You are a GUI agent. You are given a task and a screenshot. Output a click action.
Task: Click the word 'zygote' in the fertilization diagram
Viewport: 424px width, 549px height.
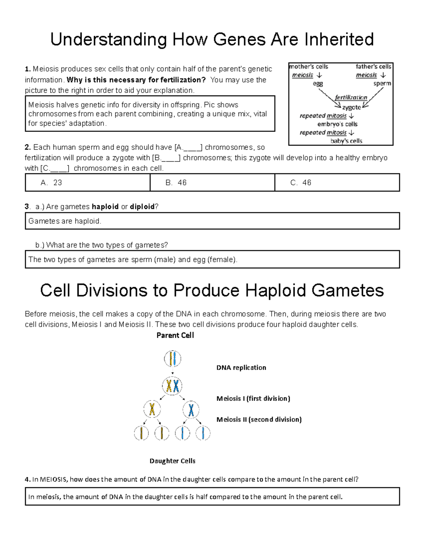tap(351, 107)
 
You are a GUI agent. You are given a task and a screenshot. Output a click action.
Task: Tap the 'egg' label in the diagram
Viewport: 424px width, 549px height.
tap(318, 84)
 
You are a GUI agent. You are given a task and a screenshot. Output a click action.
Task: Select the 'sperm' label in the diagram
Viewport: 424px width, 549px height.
tap(382, 84)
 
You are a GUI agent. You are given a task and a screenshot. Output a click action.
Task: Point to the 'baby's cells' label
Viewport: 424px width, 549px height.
tap(346, 141)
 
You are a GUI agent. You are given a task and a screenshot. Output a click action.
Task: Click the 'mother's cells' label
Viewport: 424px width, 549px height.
tap(309, 66)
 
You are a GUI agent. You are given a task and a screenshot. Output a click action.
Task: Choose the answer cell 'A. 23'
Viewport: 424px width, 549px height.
tap(87, 182)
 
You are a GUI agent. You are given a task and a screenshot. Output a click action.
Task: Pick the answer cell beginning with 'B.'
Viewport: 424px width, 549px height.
tap(212, 182)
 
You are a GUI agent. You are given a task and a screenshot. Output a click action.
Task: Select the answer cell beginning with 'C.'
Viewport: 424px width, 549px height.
tap(337, 182)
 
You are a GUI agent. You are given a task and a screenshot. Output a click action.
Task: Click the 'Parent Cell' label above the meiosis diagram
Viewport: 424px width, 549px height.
tap(175, 335)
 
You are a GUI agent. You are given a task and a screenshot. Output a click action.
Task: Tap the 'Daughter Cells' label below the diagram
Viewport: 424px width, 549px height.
tap(172, 461)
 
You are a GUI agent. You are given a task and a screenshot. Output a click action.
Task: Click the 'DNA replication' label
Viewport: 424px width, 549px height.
tap(241, 368)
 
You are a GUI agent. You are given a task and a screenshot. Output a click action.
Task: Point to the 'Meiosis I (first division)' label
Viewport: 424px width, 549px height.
tap(253, 398)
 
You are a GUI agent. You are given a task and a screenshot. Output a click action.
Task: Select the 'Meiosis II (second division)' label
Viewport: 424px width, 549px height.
tap(259, 420)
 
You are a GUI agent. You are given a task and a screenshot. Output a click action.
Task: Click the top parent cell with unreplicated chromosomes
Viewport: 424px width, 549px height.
tap(172, 359)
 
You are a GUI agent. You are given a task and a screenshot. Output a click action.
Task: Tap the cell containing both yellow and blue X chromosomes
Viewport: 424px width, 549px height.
tap(172, 386)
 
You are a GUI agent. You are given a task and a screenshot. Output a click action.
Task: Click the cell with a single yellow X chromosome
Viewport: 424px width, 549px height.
tap(152, 410)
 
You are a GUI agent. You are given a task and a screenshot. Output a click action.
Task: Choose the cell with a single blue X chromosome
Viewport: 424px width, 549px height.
tap(191, 410)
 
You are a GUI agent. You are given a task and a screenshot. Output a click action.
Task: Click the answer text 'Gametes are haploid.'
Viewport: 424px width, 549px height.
tap(65, 221)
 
